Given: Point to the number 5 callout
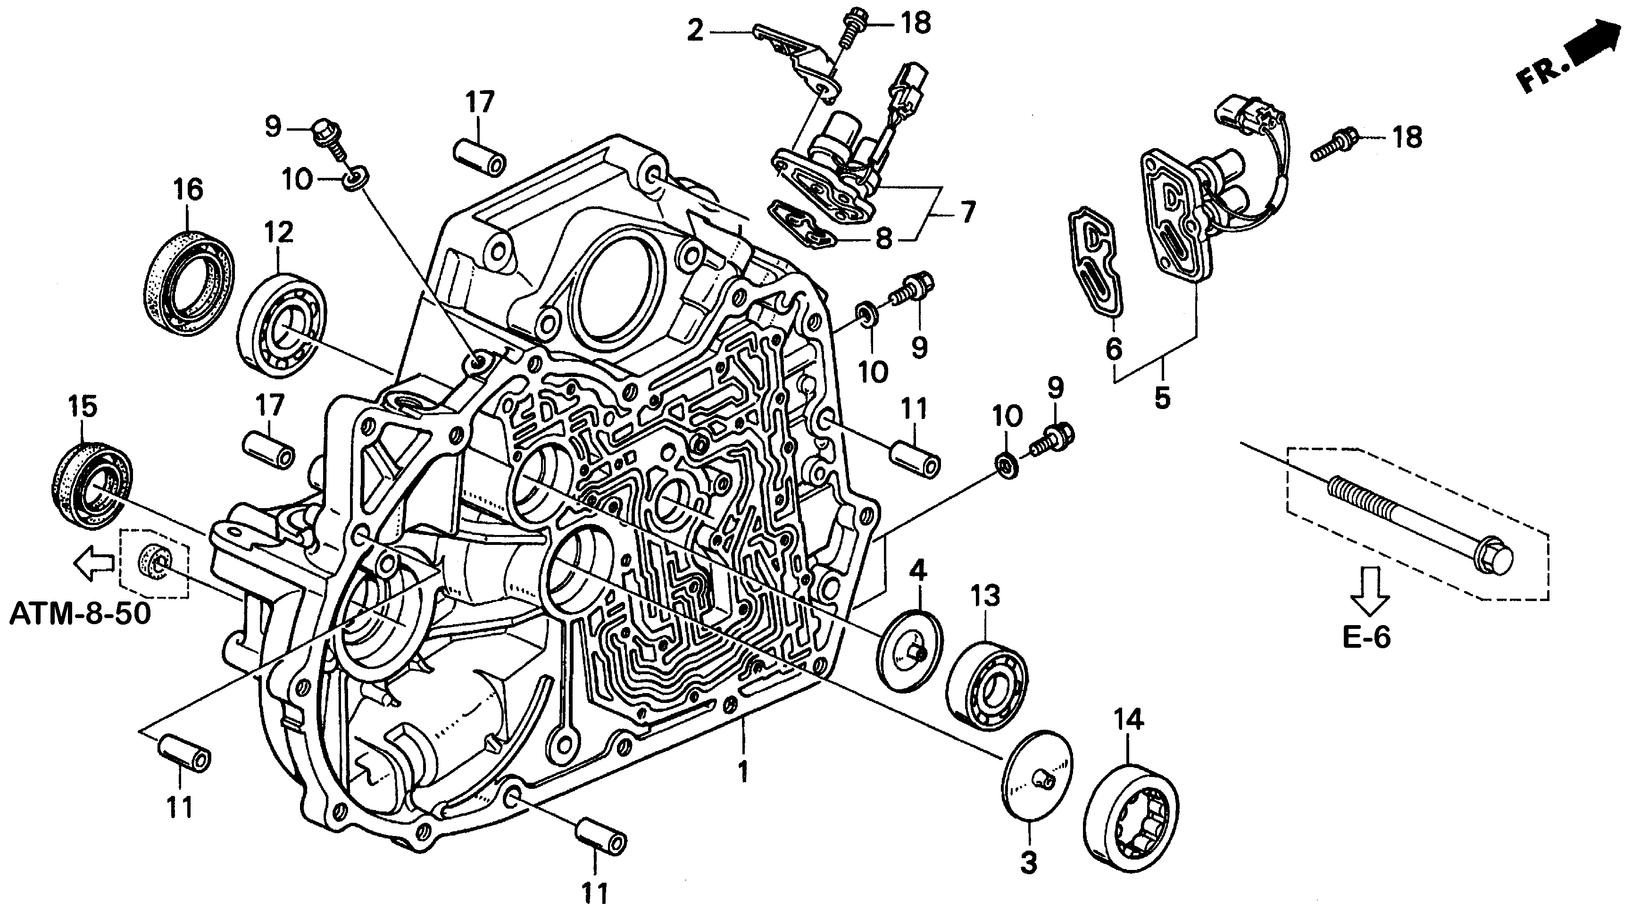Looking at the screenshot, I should coord(1162,398).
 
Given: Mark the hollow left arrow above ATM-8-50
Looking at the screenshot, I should coord(93,564).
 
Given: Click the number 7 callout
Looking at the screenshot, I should coord(967,212).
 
